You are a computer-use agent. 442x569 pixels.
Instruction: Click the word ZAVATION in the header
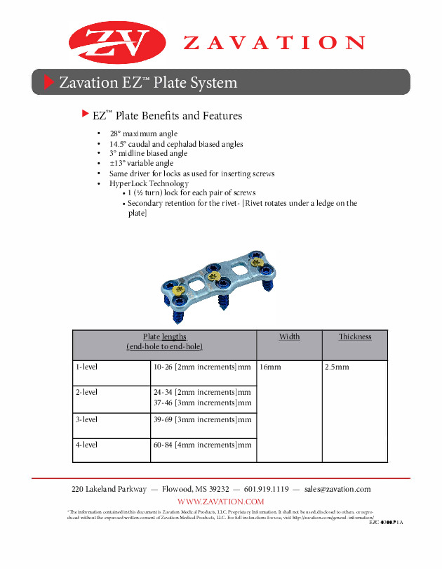point(274,43)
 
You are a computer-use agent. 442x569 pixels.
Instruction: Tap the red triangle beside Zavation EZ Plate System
point(48,82)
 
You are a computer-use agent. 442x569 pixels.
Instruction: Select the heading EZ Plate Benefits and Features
point(167,115)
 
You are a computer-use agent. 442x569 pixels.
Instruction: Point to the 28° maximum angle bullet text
point(143,133)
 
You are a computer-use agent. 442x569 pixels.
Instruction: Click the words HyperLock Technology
point(149,183)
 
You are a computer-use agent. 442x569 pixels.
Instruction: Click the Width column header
point(289,336)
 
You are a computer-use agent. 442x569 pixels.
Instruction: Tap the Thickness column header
point(354,336)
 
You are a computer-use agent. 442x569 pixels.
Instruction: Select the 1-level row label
point(86,367)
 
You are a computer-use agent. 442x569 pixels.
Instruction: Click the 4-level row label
point(86,445)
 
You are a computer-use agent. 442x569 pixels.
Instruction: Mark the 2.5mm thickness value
point(337,367)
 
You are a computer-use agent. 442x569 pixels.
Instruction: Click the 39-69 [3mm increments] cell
point(202,419)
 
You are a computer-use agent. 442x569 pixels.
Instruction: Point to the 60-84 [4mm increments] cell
point(202,445)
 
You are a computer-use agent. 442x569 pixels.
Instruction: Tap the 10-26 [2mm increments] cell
point(202,367)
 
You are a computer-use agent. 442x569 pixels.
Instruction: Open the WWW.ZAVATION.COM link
point(221,501)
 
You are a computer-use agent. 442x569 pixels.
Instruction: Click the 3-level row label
point(86,419)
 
